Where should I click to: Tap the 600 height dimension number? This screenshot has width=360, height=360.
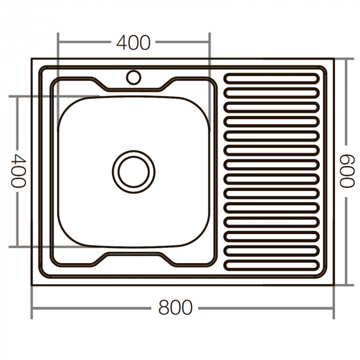(346, 172)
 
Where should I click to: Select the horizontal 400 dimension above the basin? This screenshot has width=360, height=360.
(133, 43)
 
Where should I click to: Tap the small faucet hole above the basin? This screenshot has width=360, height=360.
(134, 77)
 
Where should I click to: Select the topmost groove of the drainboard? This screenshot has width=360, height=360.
(271, 78)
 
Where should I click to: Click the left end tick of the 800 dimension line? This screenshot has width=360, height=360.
(32, 309)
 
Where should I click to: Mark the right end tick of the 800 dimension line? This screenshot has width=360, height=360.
(334, 309)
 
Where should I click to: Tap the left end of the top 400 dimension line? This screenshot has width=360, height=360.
(58, 43)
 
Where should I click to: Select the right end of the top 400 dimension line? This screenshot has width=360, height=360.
(209, 43)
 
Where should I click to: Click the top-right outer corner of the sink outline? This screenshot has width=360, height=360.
(333, 59)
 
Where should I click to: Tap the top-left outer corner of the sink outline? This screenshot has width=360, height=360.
(32, 59)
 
